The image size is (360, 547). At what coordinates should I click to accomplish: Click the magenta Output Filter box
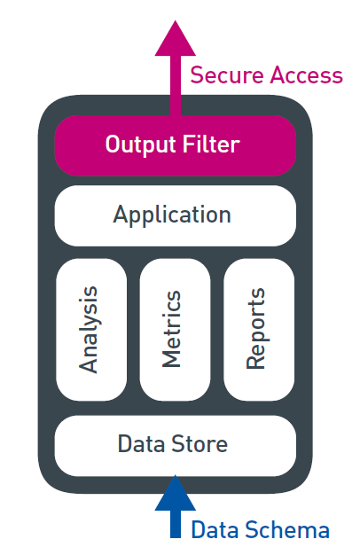click(x=175, y=145)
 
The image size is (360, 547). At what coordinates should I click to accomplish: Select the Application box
click(x=175, y=215)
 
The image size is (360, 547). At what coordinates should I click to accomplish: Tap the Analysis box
click(x=91, y=330)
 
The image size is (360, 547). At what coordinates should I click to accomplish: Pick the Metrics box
click(x=175, y=330)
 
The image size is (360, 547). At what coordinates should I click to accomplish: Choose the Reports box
click(x=259, y=330)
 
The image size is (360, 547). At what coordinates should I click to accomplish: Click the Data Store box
click(x=175, y=445)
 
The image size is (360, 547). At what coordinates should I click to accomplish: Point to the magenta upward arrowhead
click(x=175, y=38)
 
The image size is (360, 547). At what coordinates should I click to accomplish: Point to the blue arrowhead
click(x=175, y=493)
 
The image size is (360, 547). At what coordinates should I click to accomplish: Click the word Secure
click(x=227, y=75)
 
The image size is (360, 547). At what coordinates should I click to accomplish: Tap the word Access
click(x=306, y=75)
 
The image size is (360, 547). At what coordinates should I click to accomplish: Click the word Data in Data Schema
click(x=216, y=529)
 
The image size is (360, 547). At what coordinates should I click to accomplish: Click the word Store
click(x=200, y=444)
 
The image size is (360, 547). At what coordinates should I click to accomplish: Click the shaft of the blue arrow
click(x=176, y=524)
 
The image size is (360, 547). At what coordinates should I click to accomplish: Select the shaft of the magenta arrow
click(x=176, y=85)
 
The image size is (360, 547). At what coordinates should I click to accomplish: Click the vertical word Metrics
click(x=171, y=329)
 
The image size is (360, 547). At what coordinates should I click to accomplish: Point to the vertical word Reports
click(x=255, y=328)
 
